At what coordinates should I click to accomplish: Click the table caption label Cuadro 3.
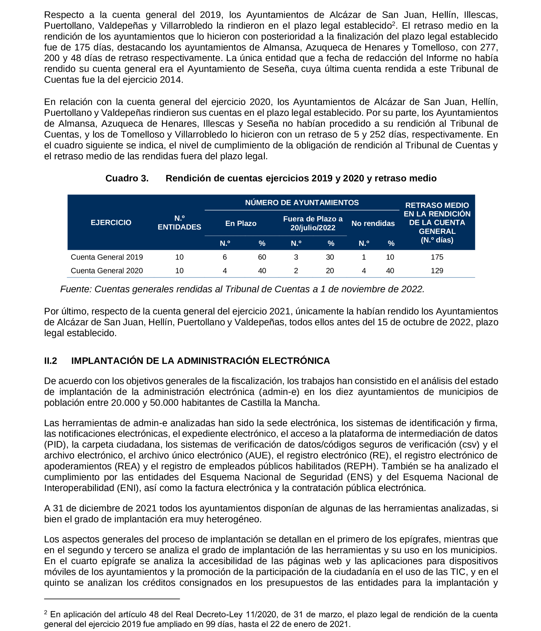coord(127,178)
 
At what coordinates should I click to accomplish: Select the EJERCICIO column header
coord(111,223)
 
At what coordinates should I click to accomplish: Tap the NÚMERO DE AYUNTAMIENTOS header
coord(302,203)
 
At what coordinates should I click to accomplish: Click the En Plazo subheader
coord(241,224)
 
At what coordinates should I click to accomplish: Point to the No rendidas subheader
coord(373,224)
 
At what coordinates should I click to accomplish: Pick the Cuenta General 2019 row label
coord(107,257)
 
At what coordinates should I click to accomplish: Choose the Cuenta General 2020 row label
coord(107,271)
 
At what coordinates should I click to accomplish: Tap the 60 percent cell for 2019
coord(262,257)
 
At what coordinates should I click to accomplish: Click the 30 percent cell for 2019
coord(330,257)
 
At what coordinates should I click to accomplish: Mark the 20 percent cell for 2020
coord(330,271)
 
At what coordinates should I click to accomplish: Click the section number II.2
coord(51,361)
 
